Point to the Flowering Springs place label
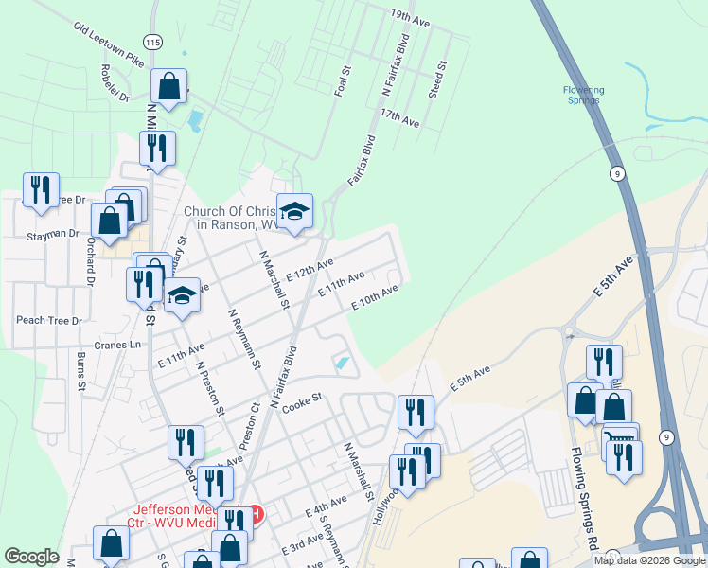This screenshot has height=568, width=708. [x=584, y=97]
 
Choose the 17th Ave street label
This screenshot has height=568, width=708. [x=398, y=117]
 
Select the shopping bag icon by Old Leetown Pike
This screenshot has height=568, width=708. [x=168, y=87]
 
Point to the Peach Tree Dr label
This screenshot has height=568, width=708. [x=49, y=321]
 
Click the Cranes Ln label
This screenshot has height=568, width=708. [x=124, y=346]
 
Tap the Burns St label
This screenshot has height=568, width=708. [x=81, y=370]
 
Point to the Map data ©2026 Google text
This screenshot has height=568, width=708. [x=649, y=560]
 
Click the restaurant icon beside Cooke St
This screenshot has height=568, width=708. [x=416, y=412]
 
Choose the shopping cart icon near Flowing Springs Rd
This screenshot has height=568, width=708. [x=619, y=440]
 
